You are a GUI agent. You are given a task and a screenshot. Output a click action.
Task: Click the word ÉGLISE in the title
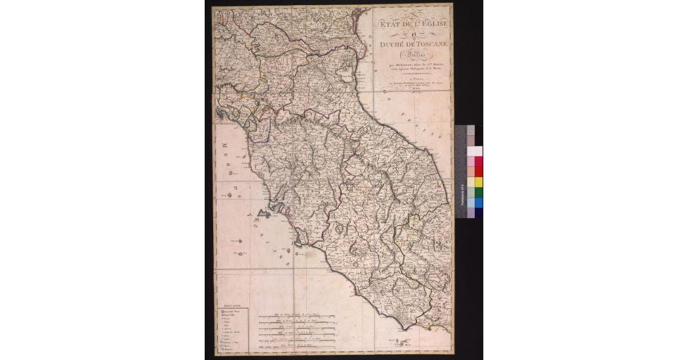point(431,24)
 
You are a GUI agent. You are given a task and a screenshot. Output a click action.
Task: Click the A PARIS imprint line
point(411,82)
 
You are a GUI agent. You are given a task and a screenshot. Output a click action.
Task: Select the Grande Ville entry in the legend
point(232,313)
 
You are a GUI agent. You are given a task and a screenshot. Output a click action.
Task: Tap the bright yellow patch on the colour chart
point(478,182)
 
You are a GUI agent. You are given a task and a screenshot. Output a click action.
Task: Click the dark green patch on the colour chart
point(478,192)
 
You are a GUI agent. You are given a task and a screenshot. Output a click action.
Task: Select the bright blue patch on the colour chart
point(478,202)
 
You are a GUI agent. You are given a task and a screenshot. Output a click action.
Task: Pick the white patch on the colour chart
point(475,151)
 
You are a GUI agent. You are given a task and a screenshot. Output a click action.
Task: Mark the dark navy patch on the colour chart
point(478,213)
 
